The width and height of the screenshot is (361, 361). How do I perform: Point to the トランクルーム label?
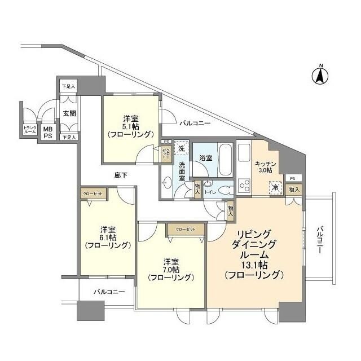(29, 130)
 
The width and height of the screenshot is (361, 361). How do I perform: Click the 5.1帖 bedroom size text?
(131, 127)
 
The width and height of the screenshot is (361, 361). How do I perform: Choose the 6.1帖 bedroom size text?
(108, 237)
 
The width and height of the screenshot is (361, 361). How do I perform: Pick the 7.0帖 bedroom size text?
(171, 270)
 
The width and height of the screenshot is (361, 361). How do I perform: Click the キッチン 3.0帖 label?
(262, 165)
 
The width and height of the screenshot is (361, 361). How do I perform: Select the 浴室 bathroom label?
(206, 158)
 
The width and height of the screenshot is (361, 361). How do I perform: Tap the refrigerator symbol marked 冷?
(275, 187)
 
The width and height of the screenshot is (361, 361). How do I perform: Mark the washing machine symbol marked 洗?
(181, 148)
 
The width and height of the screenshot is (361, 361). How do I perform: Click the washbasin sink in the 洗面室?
(167, 182)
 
